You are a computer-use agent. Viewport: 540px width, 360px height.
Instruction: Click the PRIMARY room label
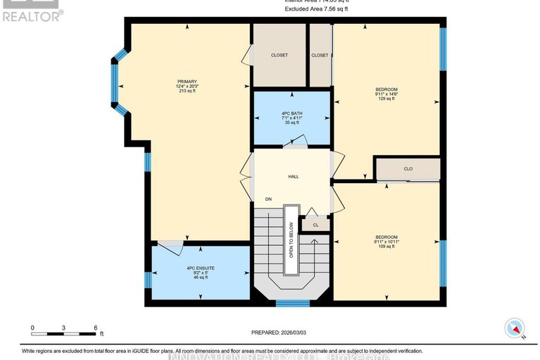(x=187, y=81)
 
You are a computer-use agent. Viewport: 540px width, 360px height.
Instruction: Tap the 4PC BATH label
(x=291, y=112)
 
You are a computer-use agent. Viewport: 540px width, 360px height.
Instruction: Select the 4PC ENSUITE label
(x=200, y=268)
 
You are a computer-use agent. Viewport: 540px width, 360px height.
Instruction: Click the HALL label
(x=292, y=176)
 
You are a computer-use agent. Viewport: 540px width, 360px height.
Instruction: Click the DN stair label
(x=268, y=199)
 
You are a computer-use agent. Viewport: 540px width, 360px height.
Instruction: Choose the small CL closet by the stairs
(x=315, y=225)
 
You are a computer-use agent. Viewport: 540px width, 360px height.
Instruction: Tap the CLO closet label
(x=408, y=169)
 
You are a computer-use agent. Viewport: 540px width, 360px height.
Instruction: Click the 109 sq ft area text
(x=386, y=247)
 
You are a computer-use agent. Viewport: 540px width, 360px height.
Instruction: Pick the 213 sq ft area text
(x=187, y=91)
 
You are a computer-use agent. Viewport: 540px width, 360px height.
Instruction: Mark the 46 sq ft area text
(x=200, y=278)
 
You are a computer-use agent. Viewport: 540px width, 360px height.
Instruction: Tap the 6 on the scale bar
(x=95, y=328)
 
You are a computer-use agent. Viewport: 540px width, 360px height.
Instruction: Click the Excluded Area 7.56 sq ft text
(x=316, y=9)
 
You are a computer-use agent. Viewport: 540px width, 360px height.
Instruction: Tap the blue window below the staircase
(x=292, y=303)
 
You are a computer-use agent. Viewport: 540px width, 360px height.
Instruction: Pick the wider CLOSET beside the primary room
(x=280, y=55)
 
